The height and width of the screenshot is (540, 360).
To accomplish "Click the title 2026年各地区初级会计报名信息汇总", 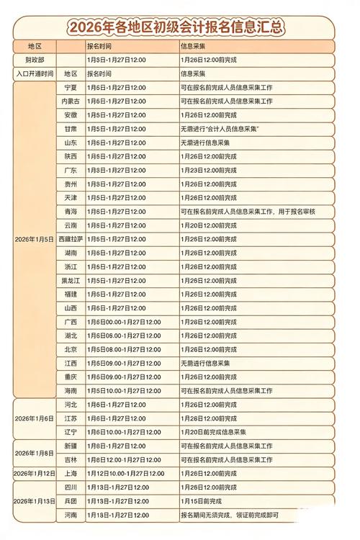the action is pos(176,28).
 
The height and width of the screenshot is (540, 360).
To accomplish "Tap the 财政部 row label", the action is pos(35,60).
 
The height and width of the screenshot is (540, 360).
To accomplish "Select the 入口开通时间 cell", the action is pos(35,73).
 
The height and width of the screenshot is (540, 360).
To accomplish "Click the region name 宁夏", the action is pos(71,87).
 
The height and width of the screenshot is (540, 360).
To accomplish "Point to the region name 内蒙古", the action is pos(71,101).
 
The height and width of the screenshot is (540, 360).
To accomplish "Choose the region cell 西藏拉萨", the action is pos(71,238).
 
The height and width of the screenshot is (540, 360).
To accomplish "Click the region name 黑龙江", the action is pos(71,280).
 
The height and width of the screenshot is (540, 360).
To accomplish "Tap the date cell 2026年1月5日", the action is pos(35,238).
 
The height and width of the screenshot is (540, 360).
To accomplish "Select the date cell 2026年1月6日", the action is pos(35,418).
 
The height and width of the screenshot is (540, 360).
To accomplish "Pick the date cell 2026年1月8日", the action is pos(35,452).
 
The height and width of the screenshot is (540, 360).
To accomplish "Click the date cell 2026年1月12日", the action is pos(35,473).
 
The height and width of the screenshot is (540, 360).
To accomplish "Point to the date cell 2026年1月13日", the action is pos(35,501).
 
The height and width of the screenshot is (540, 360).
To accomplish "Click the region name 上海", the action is pos(71,473).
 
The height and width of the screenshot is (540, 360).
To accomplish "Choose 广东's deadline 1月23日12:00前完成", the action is pos(208,170).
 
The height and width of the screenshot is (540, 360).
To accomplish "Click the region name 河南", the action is pos(71,515).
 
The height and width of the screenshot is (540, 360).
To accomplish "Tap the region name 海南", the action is pos(71,390).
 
